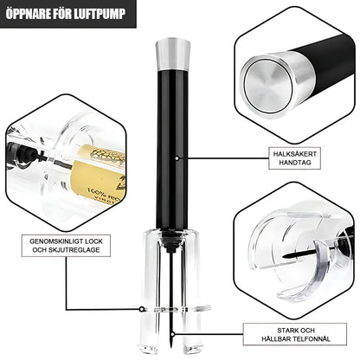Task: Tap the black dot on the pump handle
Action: [177, 157]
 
